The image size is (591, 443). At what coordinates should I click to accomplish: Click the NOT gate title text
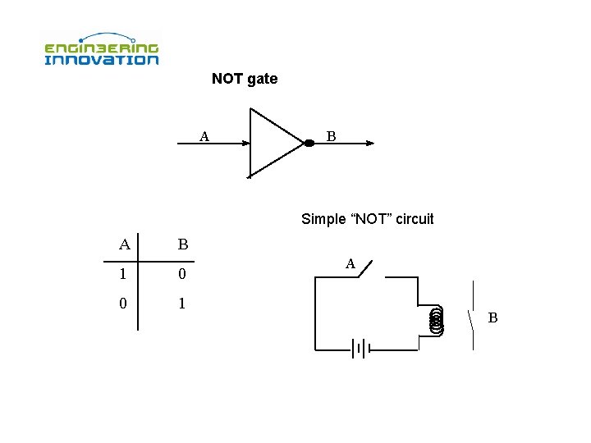click(245, 80)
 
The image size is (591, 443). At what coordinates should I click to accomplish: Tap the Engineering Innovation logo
click(101, 49)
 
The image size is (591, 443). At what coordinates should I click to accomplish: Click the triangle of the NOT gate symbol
click(272, 143)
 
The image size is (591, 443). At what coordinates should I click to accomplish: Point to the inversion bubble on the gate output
click(309, 144)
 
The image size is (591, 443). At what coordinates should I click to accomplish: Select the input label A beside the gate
click(204, 136)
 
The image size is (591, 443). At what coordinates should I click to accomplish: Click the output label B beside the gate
click(331, 136)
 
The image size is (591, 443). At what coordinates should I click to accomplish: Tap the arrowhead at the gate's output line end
click(369, 144)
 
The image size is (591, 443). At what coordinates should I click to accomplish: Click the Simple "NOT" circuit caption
click(367, 219)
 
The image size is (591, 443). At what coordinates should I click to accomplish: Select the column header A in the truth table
click(124, 244)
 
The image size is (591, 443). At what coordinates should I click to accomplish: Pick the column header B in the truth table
click(182, 244)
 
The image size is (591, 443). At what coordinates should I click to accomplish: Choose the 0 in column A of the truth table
click(123, 304)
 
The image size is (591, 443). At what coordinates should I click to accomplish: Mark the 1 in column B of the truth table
click(182, 304)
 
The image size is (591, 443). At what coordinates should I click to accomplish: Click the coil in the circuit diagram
click(436, 320)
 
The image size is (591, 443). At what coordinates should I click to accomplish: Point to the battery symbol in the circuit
click(360, 349)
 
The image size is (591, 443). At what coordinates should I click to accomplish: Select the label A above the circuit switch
click(350, 264)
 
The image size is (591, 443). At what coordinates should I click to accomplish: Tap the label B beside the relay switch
click(492, 317)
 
